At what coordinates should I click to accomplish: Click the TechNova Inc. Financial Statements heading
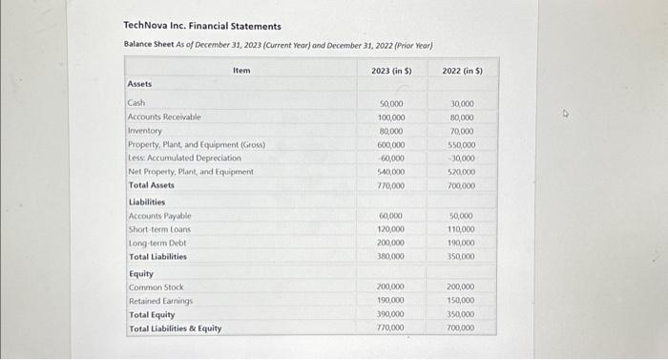[x=202, y=26]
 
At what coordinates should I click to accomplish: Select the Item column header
[x=241, y=71]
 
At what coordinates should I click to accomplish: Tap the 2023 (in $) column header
[x=391, y=71]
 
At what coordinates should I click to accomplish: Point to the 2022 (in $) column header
[x=462, y=71]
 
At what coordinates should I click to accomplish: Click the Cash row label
[x=136, y=102]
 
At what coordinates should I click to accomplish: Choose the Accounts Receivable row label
[x=164, y=116]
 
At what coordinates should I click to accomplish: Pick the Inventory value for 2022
[x=461, y=131]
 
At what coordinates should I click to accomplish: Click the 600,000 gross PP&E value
[x=390, y=144]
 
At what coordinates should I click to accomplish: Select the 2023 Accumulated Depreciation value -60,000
[x=390, y=158]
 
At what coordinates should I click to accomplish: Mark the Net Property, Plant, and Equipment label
[x=190, y=172]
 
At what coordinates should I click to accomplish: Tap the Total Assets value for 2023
[x=390, y=185]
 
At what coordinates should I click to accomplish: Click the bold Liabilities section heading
[x=147, y=202]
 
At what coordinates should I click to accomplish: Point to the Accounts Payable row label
[x=159, y=217]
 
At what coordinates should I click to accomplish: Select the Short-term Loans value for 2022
[x=461, y=230]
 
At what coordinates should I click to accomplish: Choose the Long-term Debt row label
[x=157, y=244]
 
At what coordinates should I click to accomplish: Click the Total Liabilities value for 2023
[x=390, y=257]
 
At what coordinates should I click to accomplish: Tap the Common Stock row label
[x=157, y=287]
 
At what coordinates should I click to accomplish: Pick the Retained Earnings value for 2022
[x=461, y=301]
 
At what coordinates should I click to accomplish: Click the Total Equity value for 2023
[x=390, y=314]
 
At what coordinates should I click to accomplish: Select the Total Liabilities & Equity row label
[x=175, y=328]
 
